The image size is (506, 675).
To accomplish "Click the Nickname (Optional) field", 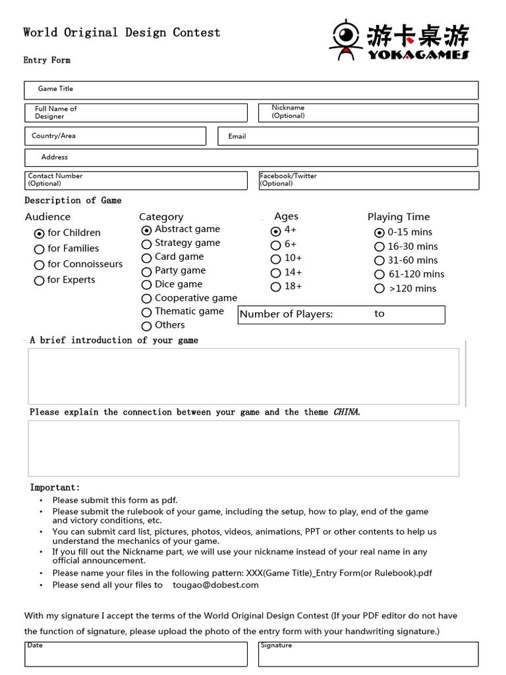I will tap(369, 113).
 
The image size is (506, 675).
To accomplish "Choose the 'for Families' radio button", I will tap(39, 249).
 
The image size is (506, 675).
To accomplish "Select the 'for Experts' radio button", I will tap(39, 281).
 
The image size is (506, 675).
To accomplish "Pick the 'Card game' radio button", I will tap(146, 258).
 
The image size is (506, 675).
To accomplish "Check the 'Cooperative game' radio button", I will tap(146, 299).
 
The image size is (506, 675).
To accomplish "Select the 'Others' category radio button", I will tap(146, 326).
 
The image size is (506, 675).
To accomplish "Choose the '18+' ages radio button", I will tap(276, 287).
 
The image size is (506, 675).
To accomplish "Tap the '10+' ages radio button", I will tap(276, 259).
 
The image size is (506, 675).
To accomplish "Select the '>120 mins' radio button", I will tap(379, 289).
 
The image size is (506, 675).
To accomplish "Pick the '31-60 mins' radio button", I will tap(379, 261).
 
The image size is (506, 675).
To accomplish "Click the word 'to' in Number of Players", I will tap(379, 314).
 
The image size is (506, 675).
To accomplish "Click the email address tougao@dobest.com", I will tap(215, 585).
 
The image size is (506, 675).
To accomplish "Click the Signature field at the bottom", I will tap(368, 654).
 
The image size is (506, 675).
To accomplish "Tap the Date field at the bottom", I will tap(136, 654).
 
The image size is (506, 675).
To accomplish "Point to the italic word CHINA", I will tap(347, 412).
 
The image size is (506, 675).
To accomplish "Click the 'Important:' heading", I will tap(55, 488).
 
